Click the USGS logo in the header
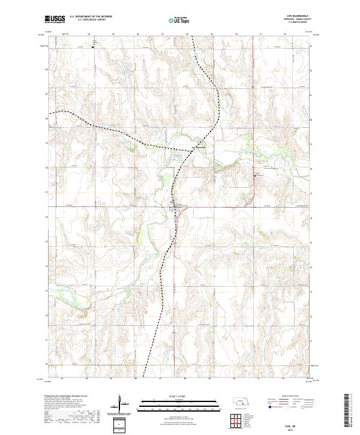[55, 20]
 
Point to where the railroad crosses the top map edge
[192, 35]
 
